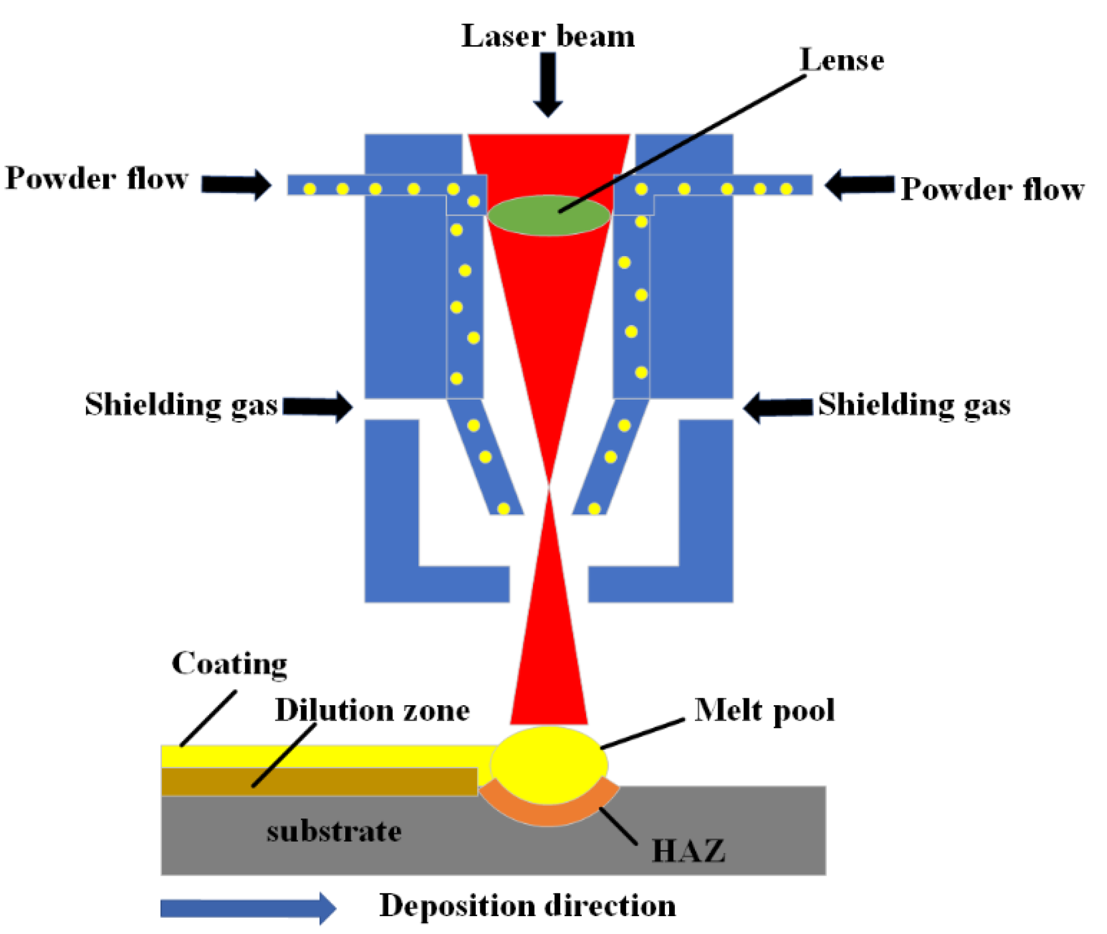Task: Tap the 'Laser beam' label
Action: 548,36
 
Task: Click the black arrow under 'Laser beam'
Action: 548,85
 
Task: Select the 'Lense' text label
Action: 842,60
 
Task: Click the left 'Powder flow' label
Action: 97,178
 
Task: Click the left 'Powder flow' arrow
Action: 236,185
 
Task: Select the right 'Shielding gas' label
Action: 914,405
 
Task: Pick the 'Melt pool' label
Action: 764,710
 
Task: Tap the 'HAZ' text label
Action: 689,851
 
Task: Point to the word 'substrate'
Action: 334,831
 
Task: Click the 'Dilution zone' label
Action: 372,710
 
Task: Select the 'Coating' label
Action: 229,664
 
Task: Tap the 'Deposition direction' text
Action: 528,906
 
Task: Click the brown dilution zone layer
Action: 371,782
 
